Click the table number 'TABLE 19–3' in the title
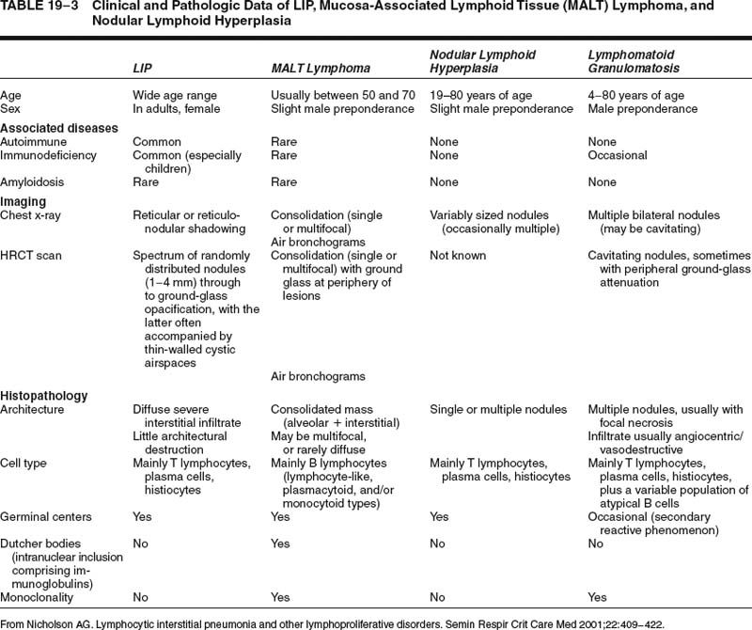pyautogui.click(x=38, y=7)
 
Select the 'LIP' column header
pyautogui.click(x=143, y=68)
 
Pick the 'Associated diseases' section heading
pyautogui.click(x=59, y=128)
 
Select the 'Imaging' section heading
pyautogui.click(x=23, y=201)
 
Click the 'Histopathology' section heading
pyautogui.click(x=44, y=396)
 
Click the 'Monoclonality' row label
pyautogui.click(x=39, y=595)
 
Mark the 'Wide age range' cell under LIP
pyautogui.click(x=175, y=95)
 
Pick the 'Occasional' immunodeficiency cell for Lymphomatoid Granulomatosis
pyautogui.click(x=617, y=155)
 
